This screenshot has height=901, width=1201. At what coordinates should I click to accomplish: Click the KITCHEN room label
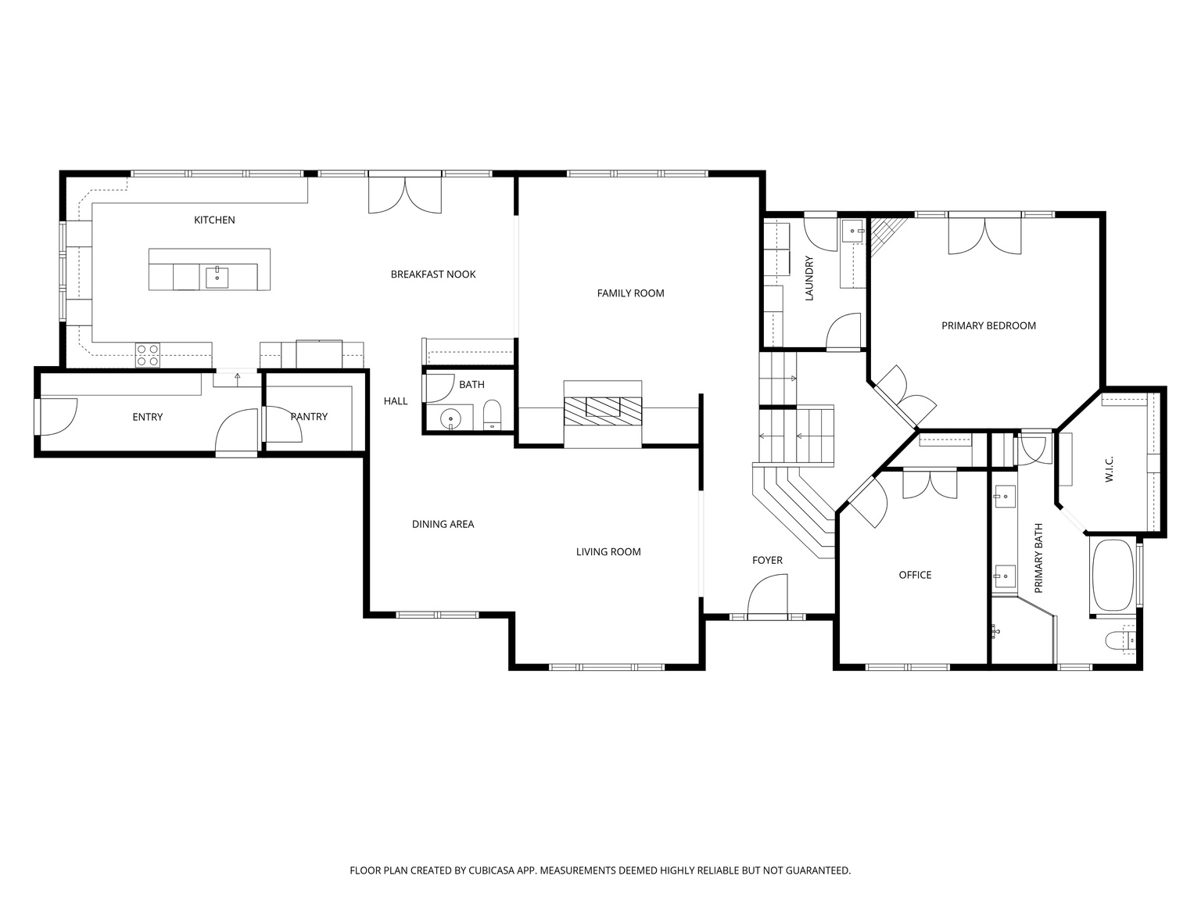[x=214, y=221]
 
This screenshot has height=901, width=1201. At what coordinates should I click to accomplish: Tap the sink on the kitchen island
[x=217, y=277]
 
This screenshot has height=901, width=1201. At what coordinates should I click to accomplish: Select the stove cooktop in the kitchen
[x=147, y=355]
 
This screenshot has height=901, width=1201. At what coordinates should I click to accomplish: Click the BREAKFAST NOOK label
[x=433, y=275]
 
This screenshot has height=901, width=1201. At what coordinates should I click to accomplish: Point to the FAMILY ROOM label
[x=630, y=293]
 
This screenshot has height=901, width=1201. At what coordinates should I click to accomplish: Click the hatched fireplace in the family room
[x=603, y=407]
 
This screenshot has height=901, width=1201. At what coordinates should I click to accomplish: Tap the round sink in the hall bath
[x=451, y=419]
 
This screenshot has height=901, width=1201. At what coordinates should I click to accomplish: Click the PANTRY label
[x=309, y=417]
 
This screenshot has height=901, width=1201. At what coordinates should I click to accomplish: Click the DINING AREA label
[x=443, y=525]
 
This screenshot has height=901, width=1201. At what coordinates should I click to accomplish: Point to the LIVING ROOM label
[x=608, y=552]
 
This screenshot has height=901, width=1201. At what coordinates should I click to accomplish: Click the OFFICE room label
[x=915, y=576]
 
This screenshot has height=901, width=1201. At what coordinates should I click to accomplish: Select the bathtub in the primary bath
[x=1112, y=576]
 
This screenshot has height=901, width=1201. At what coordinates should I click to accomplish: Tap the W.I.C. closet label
[x=1110, y=469]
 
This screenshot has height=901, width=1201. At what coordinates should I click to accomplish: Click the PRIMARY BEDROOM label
[x=988, y=326]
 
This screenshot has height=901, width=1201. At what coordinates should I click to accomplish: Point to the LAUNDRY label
[x=809, y=279]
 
